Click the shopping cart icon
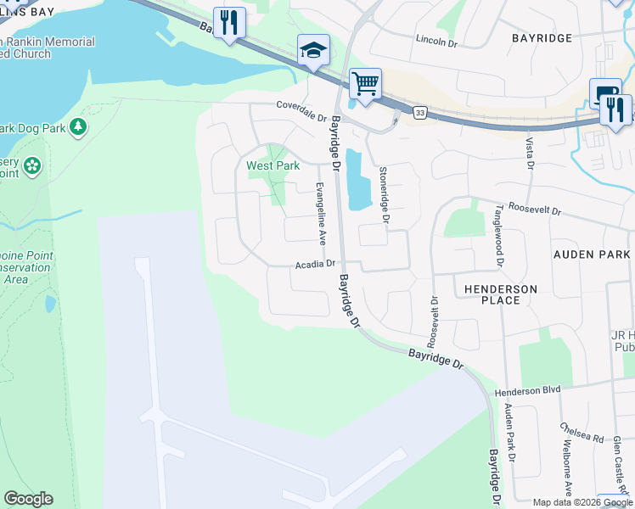click(365, 84)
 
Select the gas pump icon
click(605, 93)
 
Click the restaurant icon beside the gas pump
click(615, 109)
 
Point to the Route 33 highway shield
click(420, 112)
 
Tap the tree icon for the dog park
click(78, 127)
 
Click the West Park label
click(273, 166)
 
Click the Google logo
click(28, 499)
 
